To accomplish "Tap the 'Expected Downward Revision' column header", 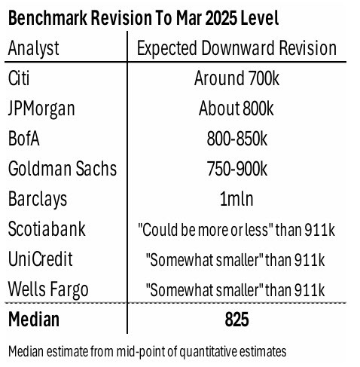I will [x=236, y=49].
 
